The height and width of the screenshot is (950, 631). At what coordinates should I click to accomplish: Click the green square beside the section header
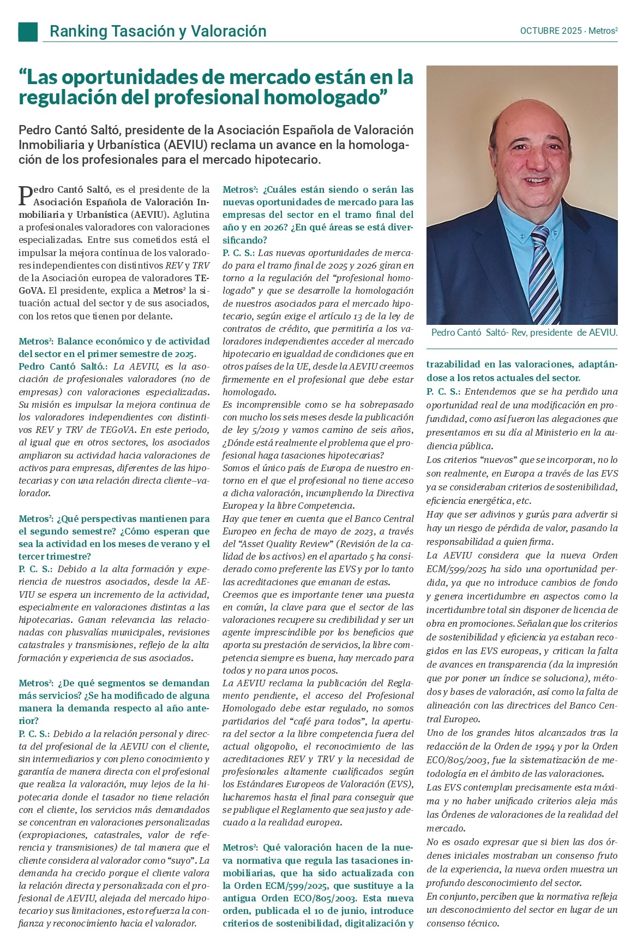tap(28, 32)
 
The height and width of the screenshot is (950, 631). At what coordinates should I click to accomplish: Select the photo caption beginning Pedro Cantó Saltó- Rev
tap(524, 333)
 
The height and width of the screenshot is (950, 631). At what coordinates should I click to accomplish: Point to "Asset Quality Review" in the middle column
tap(284, 544)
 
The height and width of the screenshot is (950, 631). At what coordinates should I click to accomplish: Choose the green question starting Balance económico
tap(114, 347)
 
